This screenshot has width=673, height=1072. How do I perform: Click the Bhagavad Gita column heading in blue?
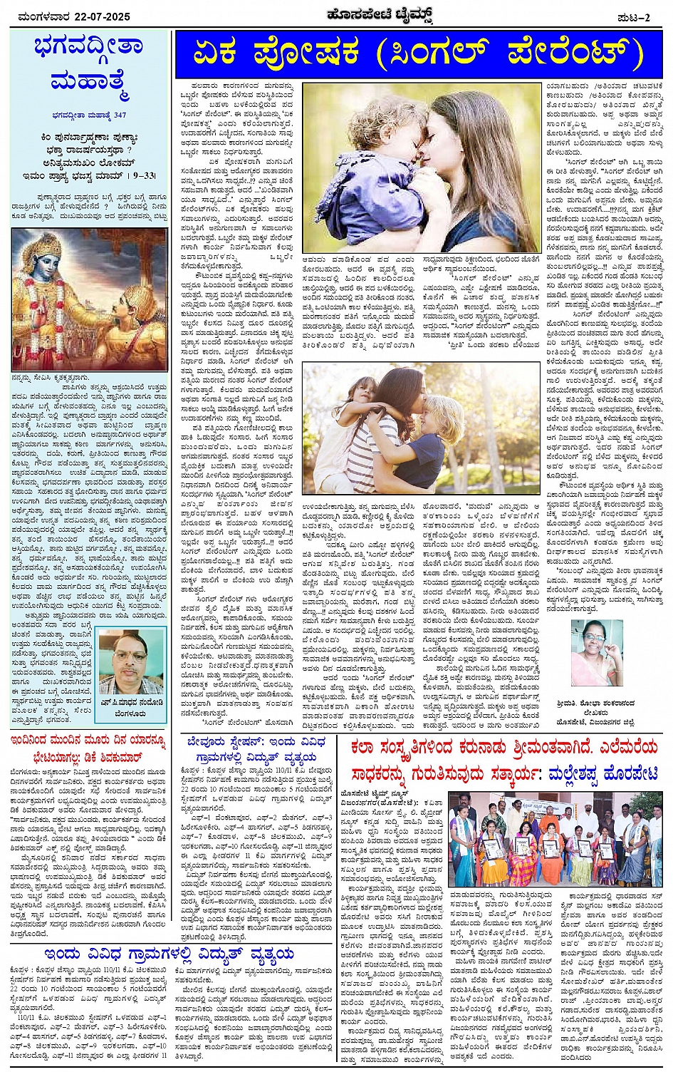click(88, 65)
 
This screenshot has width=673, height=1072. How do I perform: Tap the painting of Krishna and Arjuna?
click(89, 299)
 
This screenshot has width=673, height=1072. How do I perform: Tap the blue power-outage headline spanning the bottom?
click(169, 954)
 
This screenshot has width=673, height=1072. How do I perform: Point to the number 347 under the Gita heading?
click(120, 115)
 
